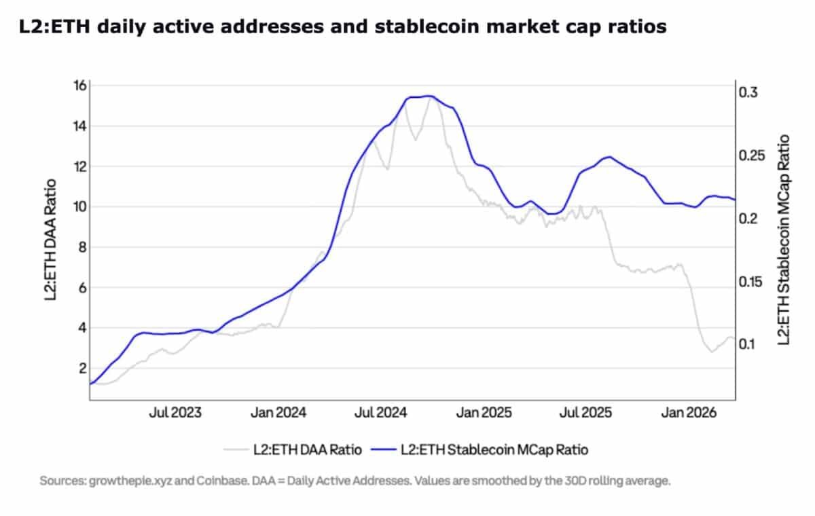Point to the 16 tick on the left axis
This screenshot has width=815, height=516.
tap(79, 86)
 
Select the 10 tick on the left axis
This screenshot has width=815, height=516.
tap(79, 206)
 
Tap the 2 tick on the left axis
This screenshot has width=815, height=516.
tap(82, 368)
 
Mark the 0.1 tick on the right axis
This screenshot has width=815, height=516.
tap(750, 344)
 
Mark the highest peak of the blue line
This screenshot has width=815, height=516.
tap(428, 96)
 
